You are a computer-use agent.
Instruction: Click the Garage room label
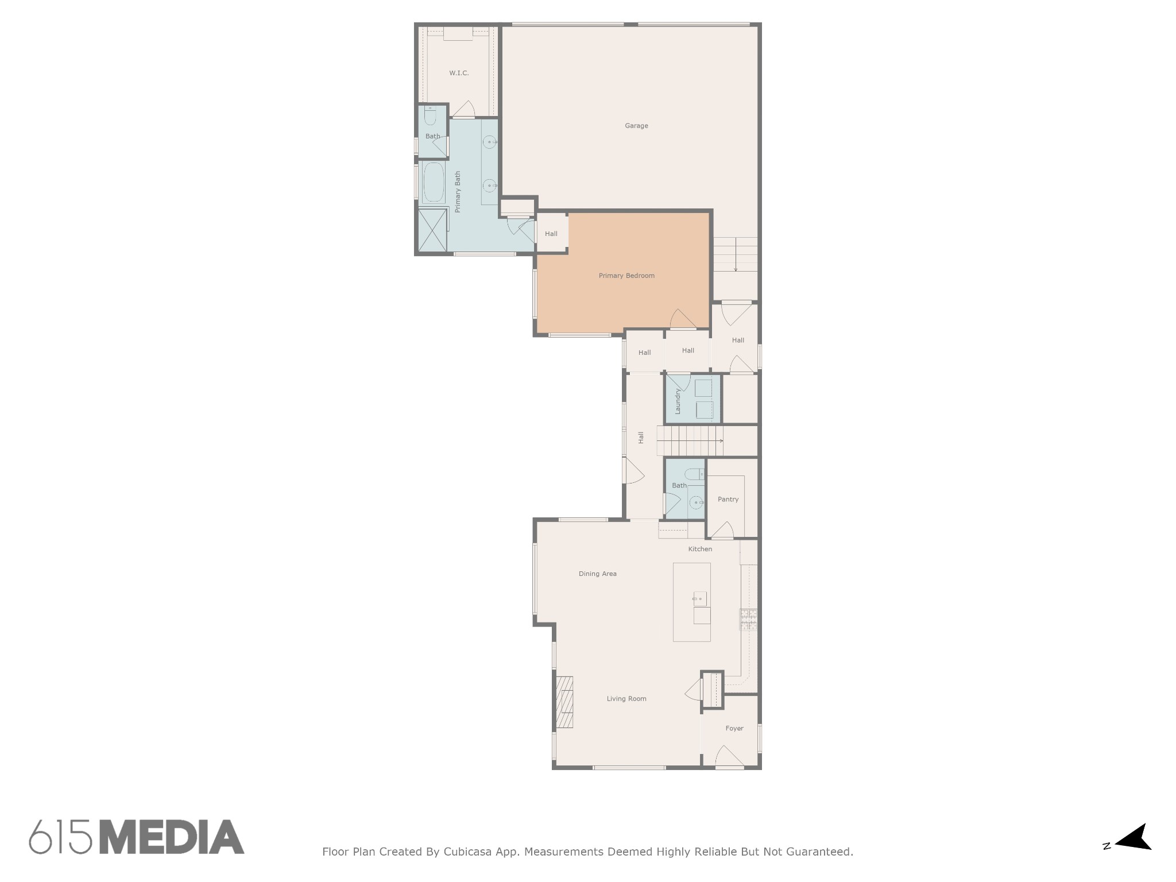click(636, 126)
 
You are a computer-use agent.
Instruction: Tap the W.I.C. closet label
click(459, 73)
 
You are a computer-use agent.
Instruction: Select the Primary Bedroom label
click(626, 276)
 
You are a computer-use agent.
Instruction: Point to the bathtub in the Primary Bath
click(434, 183)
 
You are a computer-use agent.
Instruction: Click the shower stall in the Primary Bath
click(432, 230)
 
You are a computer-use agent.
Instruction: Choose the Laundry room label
click(678, 401)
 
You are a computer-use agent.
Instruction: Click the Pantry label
click(728, 499)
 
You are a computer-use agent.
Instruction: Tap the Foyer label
click(734, 728)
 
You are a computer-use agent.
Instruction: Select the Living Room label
click(626, 699)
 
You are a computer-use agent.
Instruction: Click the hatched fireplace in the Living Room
click(564, 702)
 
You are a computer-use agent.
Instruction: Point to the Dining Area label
click(598, 574)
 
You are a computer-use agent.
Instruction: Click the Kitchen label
click(700, 549)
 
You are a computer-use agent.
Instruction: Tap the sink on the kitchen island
click(699, 599)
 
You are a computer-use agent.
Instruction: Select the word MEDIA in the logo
click(172, 837)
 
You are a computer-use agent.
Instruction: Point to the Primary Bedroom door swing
click(683, 319)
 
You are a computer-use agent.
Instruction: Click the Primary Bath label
click(458, 192)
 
